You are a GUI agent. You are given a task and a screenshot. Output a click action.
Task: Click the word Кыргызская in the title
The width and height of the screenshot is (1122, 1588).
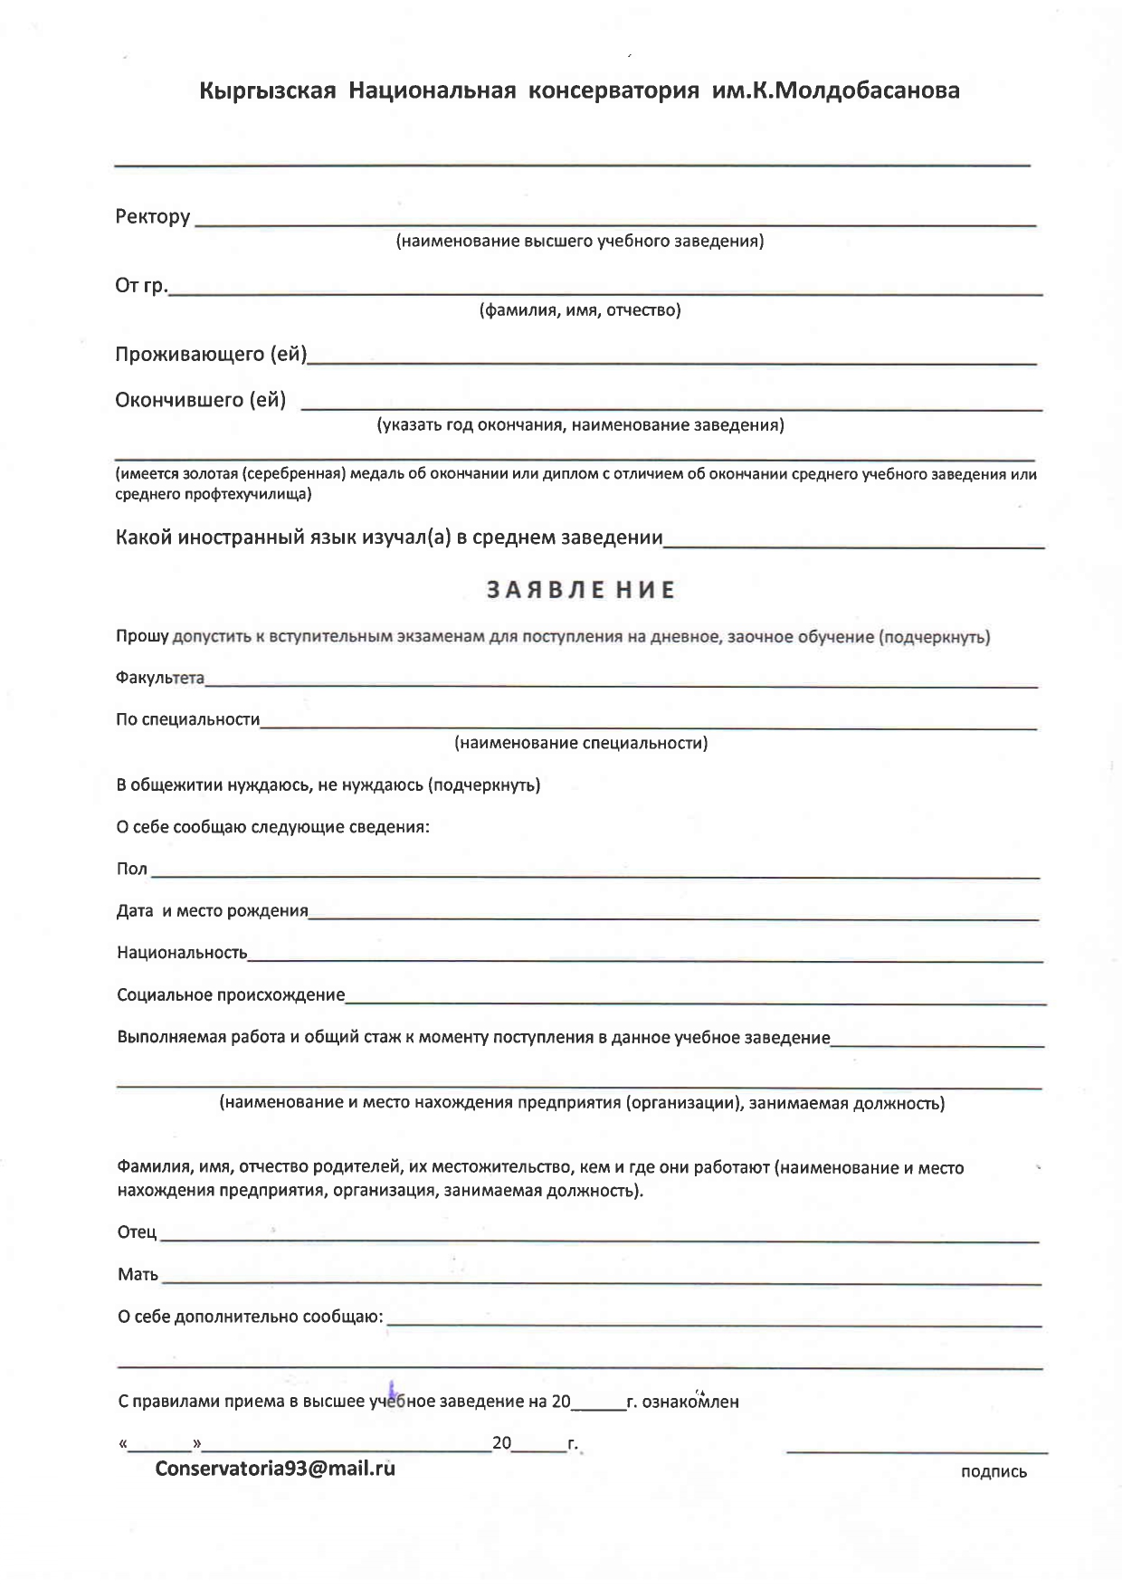coord(267,91)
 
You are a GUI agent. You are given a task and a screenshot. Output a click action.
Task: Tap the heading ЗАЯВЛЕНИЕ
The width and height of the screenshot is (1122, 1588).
coord(581,590)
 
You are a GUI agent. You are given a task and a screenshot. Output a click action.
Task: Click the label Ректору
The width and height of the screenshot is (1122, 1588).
coord(152,217)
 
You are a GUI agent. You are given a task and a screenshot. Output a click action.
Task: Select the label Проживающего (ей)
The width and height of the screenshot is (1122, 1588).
coord(210,355)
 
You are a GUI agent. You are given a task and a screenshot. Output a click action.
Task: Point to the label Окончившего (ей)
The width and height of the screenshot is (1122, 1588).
coord(200,400)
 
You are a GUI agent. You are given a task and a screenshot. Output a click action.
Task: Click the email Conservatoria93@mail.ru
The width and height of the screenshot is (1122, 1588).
coord(275,1468)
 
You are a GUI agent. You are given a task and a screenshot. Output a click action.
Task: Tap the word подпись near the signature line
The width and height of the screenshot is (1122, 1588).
coord(993,1472)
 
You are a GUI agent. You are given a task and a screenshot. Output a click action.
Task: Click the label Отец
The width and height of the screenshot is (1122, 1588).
coord(137,1232)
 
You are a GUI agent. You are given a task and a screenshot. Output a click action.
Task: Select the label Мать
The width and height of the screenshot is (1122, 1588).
coord(138,1275)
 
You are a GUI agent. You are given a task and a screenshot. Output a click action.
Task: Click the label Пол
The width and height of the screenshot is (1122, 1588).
coord(131,869)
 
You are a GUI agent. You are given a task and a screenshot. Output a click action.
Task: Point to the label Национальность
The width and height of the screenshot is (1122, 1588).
coord(181,953)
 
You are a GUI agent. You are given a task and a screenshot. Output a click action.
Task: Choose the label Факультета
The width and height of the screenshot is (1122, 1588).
coord(159,679)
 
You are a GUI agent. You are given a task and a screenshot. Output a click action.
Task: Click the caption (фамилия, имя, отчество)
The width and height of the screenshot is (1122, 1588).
coord(579,311)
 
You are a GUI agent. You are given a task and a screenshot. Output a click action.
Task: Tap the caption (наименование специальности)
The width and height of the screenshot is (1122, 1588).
coord(580,744)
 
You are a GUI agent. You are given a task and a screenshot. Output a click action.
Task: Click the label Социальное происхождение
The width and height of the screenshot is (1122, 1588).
coord(231,995)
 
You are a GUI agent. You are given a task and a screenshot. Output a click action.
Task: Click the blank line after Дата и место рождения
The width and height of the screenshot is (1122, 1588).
coord(673,918)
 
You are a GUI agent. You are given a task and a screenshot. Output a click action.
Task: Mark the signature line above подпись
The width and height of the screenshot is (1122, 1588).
coord(917,1450)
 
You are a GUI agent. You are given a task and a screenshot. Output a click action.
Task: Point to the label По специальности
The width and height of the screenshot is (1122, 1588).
coord(187,720)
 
